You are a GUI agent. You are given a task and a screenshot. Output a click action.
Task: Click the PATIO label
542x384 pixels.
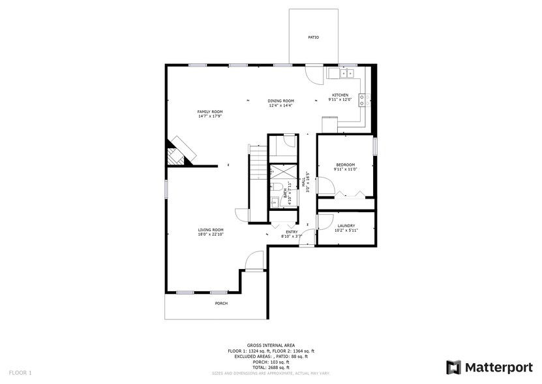coord(314,37)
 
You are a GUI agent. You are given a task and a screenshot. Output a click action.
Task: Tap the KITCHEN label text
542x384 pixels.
coord(340,95)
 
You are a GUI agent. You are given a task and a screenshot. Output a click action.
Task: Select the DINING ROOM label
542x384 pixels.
coord(281,101)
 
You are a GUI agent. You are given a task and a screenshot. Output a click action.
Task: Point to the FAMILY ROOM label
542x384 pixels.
coord(210,112)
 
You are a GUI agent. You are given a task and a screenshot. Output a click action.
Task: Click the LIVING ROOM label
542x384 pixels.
coord(211,230)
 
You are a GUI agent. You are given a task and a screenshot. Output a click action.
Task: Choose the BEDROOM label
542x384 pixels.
coord(345,165)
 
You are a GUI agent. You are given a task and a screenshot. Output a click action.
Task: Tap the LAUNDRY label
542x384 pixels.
coord(346,226)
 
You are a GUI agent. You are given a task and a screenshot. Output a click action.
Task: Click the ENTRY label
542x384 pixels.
coord(292,232)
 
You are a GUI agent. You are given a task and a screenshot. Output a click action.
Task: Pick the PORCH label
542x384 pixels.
coord(222,304)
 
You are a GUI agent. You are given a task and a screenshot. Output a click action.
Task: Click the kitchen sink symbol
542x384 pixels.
coord(346,74)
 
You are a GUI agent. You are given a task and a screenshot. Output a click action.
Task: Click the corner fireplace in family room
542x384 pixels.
coord(180,153)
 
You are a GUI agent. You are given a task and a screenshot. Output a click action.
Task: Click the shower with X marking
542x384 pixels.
coord(281,172)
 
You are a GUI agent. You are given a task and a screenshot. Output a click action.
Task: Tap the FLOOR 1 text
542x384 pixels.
coord(20,372)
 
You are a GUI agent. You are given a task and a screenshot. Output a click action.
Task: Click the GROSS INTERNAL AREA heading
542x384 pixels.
coord(271,345)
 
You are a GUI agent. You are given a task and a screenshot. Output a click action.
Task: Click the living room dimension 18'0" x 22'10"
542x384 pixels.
coord(211,234)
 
